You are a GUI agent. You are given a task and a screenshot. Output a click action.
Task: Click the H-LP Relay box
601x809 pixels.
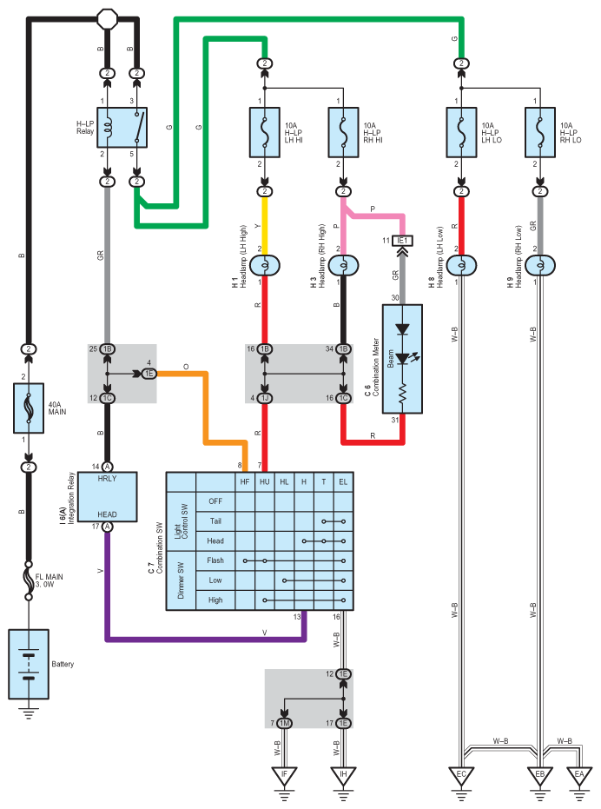[x=122, y=128]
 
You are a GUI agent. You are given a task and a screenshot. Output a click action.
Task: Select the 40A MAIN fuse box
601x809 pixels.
[x=29, y=408]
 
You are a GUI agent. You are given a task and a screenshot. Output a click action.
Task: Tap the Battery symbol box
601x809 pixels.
[x=29, y=664]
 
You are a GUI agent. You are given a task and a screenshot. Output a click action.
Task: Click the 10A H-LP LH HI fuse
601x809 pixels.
[x=265, y=132]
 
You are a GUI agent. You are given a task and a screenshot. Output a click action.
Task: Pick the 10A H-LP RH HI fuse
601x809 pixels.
[x=344, y=132]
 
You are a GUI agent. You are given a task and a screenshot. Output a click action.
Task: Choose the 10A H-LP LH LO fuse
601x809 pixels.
[x=461, y=132]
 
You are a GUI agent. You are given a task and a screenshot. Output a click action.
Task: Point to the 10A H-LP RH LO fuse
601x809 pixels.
[x=540, y=132]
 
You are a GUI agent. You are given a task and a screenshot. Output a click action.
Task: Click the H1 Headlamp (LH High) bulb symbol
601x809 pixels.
[x=265, y=266]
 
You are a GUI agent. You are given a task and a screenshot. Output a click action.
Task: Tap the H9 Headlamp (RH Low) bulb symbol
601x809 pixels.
[x=540, y=266]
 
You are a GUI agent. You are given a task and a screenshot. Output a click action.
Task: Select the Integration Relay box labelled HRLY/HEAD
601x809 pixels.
[x=107, y=496]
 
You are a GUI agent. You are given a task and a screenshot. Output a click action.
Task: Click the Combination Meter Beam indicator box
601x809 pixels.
[x=402, y=359]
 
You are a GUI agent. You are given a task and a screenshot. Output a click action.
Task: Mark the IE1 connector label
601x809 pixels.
[x=402, y=241]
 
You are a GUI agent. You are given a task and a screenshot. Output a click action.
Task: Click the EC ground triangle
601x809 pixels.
[x=461, y=775]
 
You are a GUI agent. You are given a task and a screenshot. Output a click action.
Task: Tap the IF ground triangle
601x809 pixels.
[x=284, y=775]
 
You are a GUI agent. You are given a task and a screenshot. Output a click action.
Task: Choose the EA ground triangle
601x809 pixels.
[x=579, y=775]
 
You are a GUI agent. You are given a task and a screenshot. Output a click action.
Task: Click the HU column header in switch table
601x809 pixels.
[x=265, y=481]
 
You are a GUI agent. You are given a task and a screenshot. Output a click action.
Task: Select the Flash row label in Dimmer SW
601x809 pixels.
[x=215, y=560]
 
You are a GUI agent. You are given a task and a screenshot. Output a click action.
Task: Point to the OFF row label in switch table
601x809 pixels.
[x=215, y=501]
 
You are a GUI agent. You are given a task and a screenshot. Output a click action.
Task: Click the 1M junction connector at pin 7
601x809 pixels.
[x=284, y=723]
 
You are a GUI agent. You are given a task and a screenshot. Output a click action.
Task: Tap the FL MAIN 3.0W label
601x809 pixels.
[x=49, y=580]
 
